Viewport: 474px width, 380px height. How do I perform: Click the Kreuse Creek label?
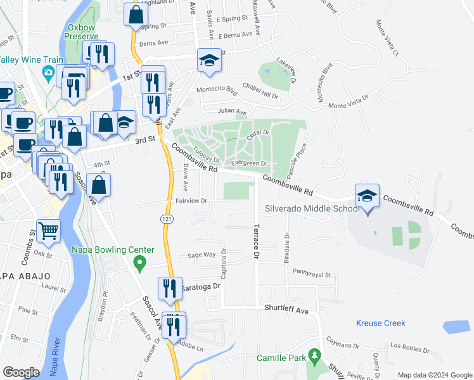[380, 323]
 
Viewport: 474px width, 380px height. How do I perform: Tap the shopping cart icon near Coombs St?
[48, 232]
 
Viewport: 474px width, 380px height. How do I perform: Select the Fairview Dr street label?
[192, 201]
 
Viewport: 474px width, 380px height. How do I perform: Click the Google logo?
[21, 372]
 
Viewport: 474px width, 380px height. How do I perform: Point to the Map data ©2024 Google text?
[434, 375]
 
